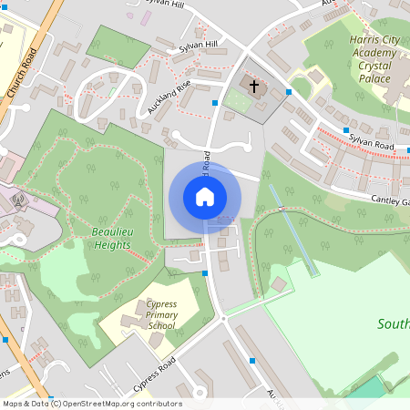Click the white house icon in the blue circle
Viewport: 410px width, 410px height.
point(204,197)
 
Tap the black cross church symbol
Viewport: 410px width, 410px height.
point(254,88)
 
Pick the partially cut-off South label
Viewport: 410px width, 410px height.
point(394,323)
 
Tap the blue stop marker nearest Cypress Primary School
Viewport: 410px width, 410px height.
point(205,272)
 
